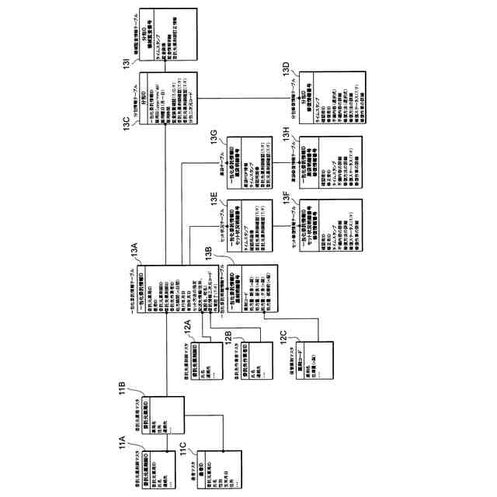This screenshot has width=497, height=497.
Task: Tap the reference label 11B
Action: (122, 386)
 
